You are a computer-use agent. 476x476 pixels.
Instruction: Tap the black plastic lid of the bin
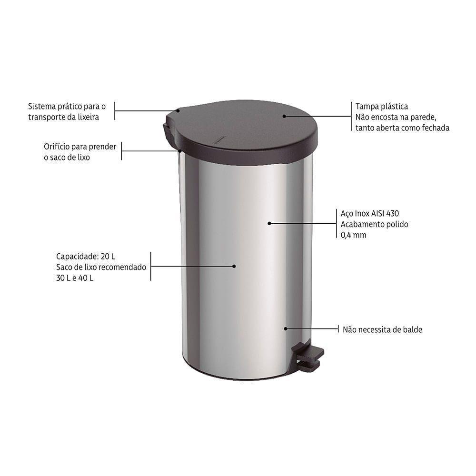point(248,131)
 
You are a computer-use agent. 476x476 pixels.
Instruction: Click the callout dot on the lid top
point(284,116)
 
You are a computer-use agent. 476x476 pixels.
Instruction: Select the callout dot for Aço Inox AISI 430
point(269,223)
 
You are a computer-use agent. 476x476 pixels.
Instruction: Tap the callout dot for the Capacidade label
point(234,266)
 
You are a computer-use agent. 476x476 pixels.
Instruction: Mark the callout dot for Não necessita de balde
point(286,328)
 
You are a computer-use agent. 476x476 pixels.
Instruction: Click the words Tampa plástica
point(382,107)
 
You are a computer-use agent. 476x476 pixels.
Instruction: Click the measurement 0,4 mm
point(354,235)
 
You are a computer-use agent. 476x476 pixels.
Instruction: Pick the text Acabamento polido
point(375,224)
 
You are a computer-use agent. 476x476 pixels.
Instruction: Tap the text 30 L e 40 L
point(74,278)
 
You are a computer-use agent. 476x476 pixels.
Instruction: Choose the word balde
point(412,329)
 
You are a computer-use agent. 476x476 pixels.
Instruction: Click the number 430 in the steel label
point(392,214)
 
